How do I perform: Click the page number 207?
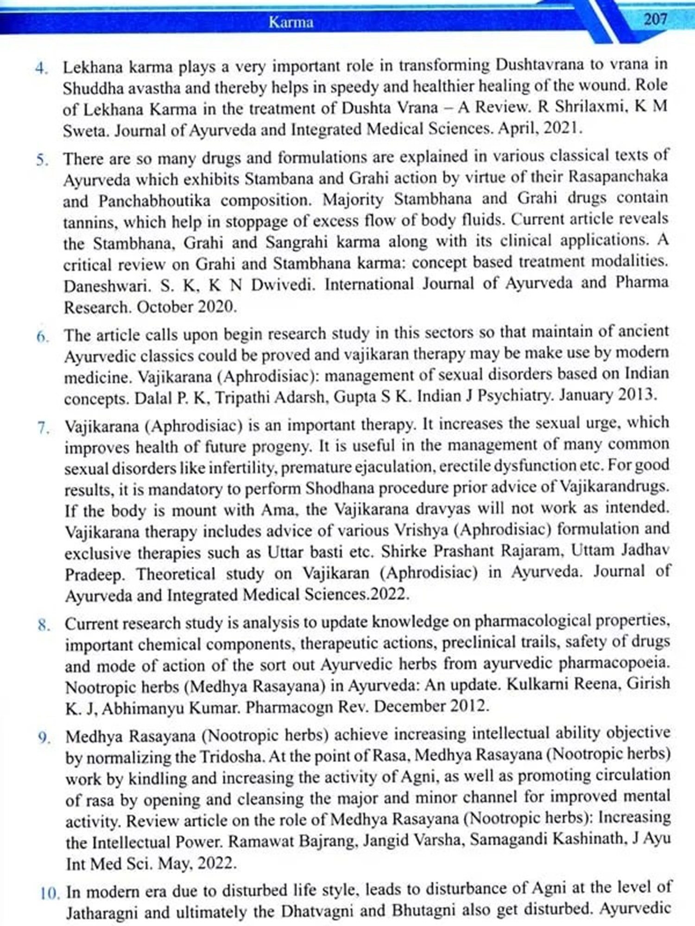(655, 19)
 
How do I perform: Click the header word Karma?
(291, 22)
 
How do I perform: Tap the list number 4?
(42, 69)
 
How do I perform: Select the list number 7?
(44, 428)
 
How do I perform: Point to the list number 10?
(50, 892)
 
